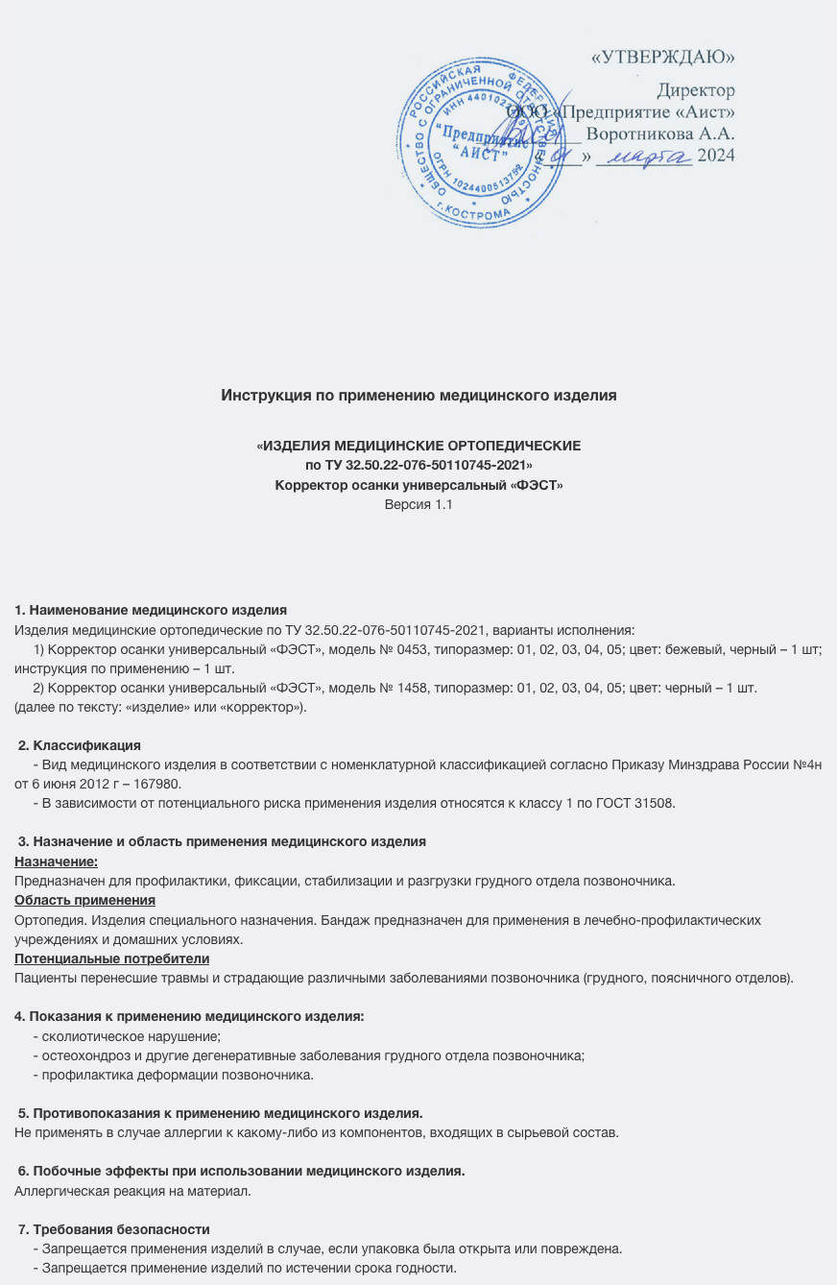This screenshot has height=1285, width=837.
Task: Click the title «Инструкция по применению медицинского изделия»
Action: tap(418, 395)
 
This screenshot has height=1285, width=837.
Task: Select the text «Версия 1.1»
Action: tap(418, 503)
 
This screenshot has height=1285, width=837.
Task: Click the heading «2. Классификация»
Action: tap(81, 745)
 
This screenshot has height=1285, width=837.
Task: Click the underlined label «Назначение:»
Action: tap(57, 861)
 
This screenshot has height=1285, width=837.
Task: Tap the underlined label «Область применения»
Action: tap(84, 900)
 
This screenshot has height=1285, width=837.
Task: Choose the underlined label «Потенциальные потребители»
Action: tap(112, 958)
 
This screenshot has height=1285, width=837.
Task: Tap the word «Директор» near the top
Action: tap(696, 91)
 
